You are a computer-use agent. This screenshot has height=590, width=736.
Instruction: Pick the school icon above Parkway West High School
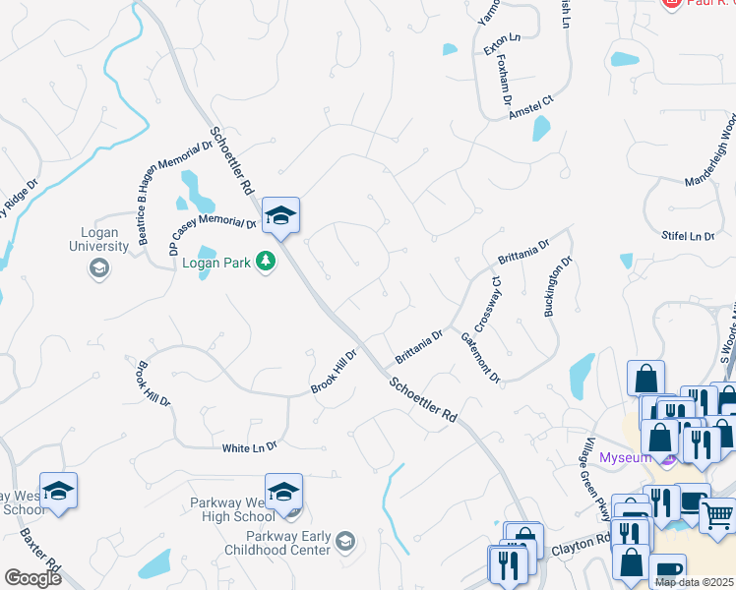(x=283, y=492)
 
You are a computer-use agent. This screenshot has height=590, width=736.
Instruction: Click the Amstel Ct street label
(x=532, y=107)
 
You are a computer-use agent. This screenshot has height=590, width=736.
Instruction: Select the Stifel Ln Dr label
(x=688, y=236)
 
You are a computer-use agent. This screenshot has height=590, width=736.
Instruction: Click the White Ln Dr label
(x=250, y=447)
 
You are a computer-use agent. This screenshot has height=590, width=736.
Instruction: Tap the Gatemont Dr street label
(x=481, y=358)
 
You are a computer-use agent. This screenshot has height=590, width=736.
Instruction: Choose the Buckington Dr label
(x=557, y=287)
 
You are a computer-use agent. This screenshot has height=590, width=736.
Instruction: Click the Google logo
(x=32, y=577)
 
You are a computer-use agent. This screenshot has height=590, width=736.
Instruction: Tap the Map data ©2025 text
(x=695, y=582)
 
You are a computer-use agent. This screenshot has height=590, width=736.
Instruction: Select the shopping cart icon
(x=716, y=512)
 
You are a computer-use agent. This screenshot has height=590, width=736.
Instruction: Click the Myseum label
(x=626, y=457)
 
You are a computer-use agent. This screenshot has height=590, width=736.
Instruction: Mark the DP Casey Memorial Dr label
(x=213, y=235)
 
